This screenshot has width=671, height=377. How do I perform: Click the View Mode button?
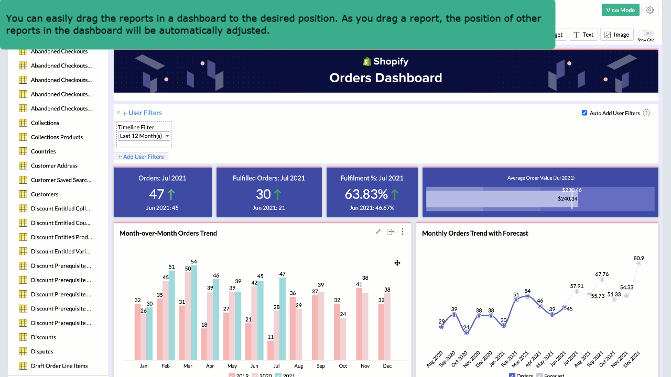[620, 10]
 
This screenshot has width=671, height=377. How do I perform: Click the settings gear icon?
[650, 10]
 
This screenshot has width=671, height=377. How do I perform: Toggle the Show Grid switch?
[646, 33]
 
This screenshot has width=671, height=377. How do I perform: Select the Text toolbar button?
[583, 35]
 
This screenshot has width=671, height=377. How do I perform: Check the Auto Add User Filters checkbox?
[585, 113]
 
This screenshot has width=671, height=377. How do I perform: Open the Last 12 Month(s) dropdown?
[144, 136]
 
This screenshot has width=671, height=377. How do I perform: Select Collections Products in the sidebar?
[57, 137]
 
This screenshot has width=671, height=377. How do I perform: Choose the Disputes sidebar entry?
[42, 351]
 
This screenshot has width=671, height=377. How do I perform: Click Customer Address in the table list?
[54, 165]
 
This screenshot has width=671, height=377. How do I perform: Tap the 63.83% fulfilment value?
[366, 194]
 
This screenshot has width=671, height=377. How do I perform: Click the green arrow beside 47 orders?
[171, 194]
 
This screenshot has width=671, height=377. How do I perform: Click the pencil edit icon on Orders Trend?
[378, 232]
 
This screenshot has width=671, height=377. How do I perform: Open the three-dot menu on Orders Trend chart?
[402, 232]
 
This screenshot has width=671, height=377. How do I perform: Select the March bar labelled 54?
[194, 312]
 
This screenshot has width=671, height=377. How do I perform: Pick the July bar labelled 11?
[270, 350]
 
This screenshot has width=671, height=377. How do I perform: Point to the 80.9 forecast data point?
[639, 263]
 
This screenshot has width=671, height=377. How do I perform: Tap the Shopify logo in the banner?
[367, 62]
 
